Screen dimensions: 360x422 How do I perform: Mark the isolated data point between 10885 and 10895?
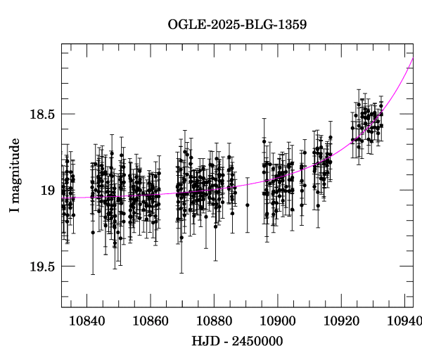pos(248,205)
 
